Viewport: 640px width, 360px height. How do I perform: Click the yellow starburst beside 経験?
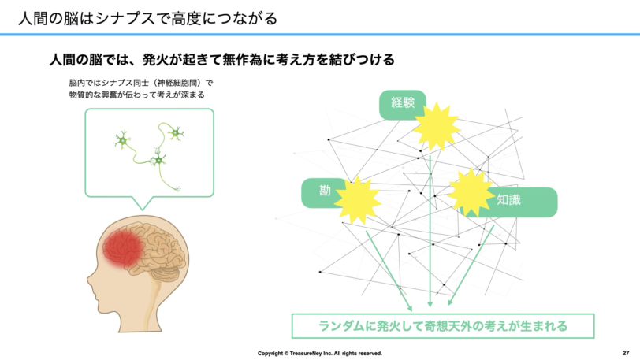pyautogui.click(x=436, y=127)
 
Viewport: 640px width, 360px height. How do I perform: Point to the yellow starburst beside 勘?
pyautogui.click(x=358, y=200)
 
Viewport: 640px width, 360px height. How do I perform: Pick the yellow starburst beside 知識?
pyautogui.click(x=471, y=192)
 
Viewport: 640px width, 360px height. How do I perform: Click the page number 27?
pyautogui.click(x=626, y=353)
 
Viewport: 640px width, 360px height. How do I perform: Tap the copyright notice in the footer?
pyautogui.click(x=319, y=353)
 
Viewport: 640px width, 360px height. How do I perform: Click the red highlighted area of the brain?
pyautogui.click(x=122, y=248)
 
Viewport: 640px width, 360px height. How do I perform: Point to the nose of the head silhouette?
pyautogui.click(x=89, y=280)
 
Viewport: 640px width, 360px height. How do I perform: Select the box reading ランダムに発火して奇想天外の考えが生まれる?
pyautogui.click(x=443, y=325)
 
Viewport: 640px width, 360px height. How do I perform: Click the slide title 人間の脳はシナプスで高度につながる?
pyautogui.click(x=147, y=18)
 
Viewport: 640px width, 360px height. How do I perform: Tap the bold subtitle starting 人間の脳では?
pyautogui.click(x=222, y=60)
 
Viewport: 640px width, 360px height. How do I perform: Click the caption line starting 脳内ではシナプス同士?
pyautogui.click(x=141, y=83)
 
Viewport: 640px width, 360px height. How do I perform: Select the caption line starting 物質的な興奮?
pyautogui.click(x=136, y=95)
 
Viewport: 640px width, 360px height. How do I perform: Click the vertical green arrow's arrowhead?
pyautogui.click(x=430, y=304)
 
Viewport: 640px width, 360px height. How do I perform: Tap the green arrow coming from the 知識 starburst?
pyautogui.click(x=471, y=265)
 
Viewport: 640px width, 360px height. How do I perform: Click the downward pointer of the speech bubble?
pyautogui.click(x=143, y=203)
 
